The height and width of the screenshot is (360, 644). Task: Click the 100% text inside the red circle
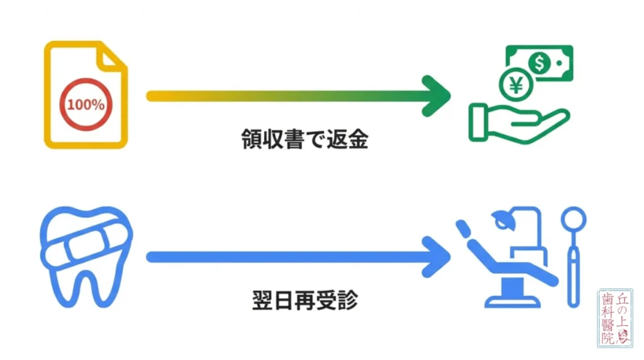pyautogui.click(x=86, y=104)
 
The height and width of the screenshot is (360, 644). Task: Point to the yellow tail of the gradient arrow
pyautogui.click(x=157, y=96)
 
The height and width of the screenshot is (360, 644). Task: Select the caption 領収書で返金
pyautogui.click(x=304, y=139)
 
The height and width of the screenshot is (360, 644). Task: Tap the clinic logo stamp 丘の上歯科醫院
pyautogui.click(x=614, y=318)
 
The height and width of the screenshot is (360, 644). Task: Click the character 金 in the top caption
pyautogui.click(x=357, y=139)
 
